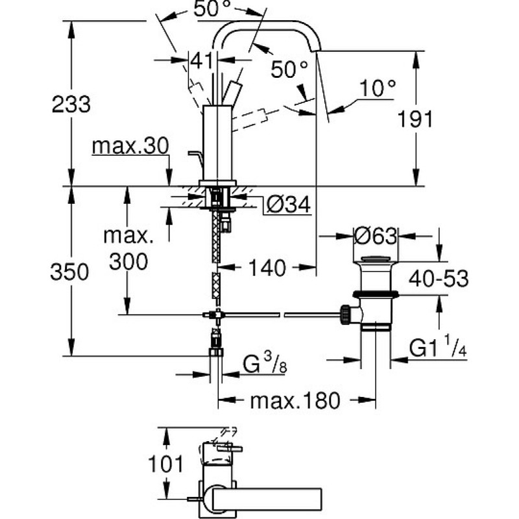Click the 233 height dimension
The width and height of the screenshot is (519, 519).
point(71,104)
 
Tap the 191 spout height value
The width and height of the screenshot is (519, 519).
point(415,119)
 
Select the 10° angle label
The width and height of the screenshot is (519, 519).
point(378,88)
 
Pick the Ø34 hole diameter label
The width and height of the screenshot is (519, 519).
point(288,204)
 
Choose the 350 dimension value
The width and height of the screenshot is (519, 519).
point(69,272)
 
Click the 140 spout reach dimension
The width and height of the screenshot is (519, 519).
point(267,267)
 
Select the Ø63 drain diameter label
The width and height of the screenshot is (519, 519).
point(375,236)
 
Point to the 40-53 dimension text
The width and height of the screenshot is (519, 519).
point(439,278)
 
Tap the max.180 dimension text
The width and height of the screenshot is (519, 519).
point(295,400)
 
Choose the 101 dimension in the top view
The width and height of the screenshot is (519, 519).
point(165,464)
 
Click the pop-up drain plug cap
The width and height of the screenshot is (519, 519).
point(376,258)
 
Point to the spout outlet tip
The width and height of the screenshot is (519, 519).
point(316,51)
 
